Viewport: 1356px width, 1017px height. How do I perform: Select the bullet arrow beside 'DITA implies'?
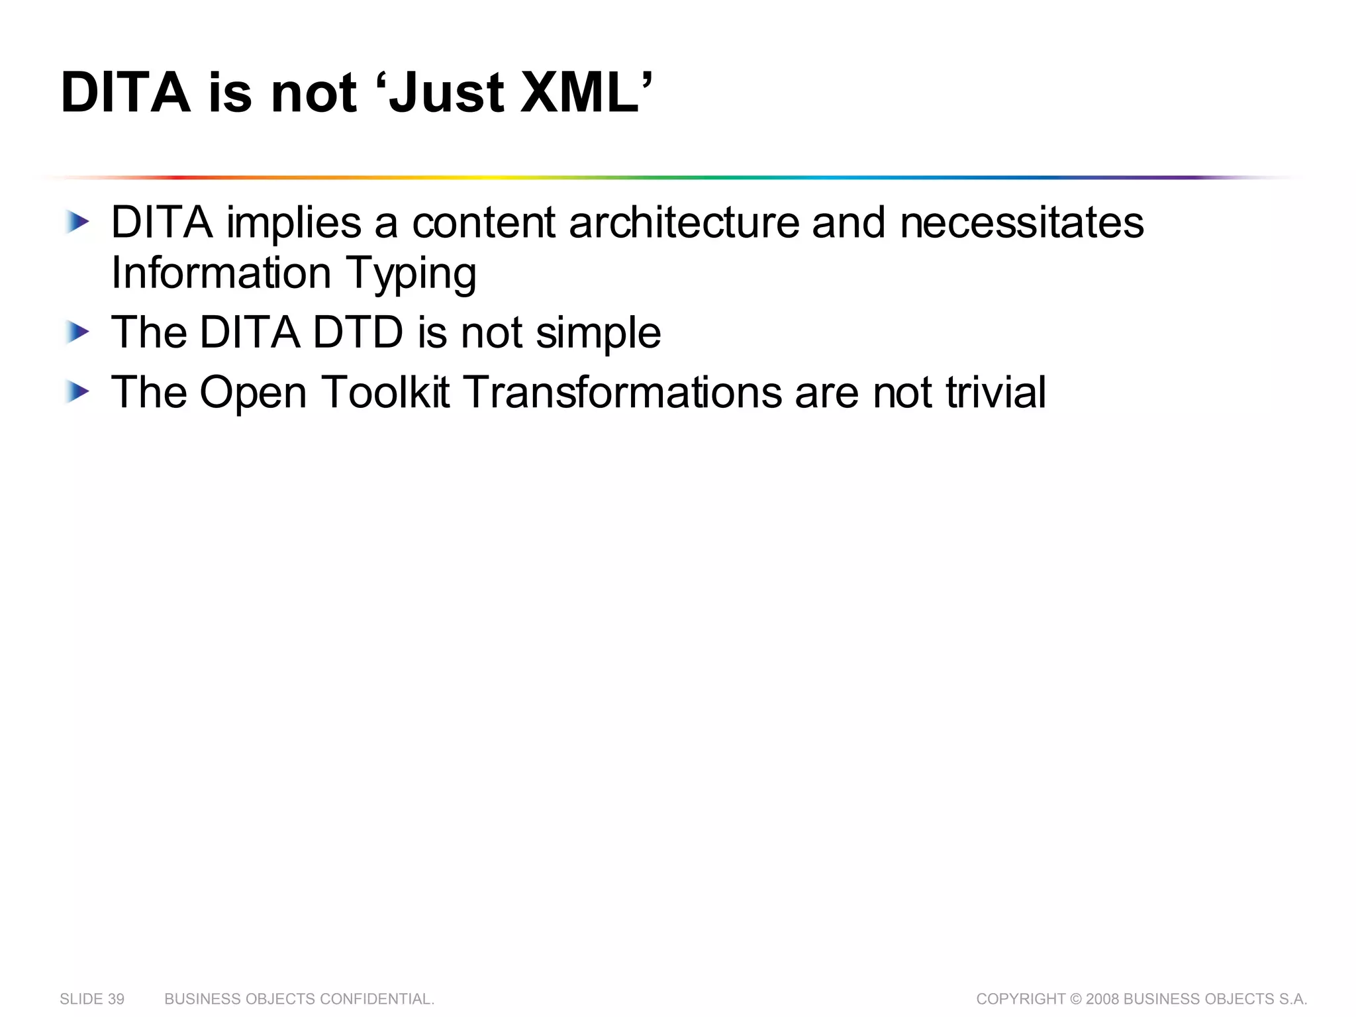(x=77, y=222)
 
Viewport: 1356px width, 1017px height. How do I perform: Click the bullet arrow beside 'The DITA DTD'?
(x=77, y=332)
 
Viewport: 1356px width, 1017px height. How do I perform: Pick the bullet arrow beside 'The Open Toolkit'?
(x=77, y=392)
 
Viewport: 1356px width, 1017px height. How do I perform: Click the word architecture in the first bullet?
(x=684, y=222)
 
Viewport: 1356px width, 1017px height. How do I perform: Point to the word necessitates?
(x=1022, y=222)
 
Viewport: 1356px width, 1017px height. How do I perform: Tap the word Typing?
(x=411, y=273)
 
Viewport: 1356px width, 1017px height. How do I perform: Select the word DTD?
(x=358, y=332)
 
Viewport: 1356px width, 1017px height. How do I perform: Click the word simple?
(x=598, y=333)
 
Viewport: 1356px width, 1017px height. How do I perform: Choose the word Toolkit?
(x=385, y=392)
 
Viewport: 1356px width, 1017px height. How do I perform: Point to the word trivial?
(x=996, y=392)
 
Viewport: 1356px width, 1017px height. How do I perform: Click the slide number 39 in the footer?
(x=115, y=999)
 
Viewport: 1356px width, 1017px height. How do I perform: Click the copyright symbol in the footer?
(x=1076, y=999)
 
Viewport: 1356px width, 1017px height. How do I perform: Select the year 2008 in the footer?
(x=1103, y=999)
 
